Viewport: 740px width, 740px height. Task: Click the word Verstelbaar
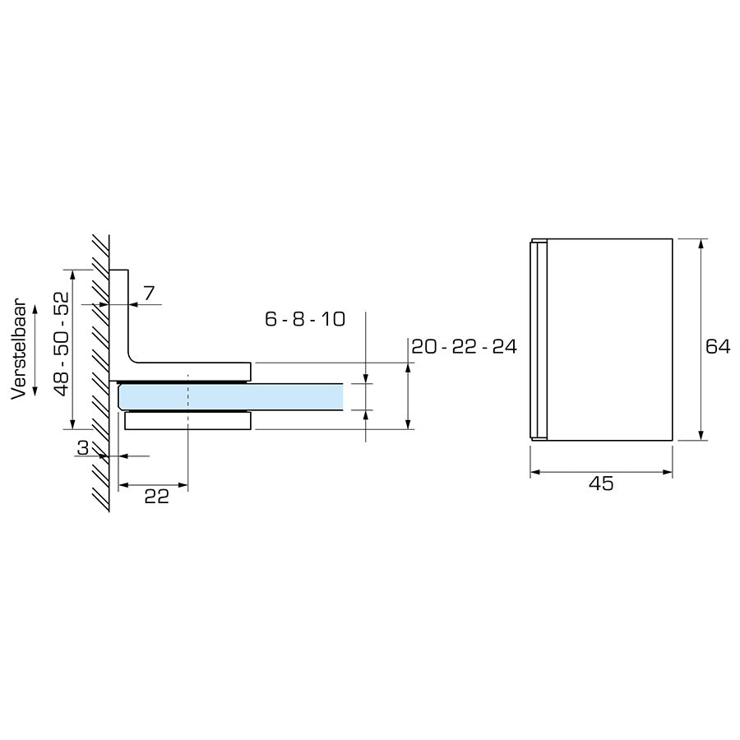pyautogui.click(x=20, y=350)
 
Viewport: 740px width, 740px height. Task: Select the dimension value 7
pyautogui.click(x=148, y=294)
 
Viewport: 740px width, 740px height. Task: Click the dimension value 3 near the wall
pyautogui.click(x=82, y=448)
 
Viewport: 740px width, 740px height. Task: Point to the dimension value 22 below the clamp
pyautogui.click(x=155, y=496)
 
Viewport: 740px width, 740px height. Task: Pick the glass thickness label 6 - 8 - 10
pyautogui.click(x=304, y=320)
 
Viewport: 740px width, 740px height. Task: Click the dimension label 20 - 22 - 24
pyautogui.click(x=464, y=347)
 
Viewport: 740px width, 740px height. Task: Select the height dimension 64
pyautogui.click(x=718, y=347)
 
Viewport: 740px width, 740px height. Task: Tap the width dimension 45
pyautogui.click(x=601, y=483)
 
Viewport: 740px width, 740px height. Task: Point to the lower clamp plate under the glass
pyautogui.click(x=187, y=421)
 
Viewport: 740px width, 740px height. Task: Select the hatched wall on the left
pyautogui.click(x=100, y=370)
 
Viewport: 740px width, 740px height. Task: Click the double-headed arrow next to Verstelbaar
pyautogui.click(x=35, y=350)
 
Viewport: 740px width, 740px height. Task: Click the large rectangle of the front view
pyautogui.click(x=608, y=340)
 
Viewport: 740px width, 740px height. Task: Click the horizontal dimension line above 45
pyautogui.click(x=601, y=472)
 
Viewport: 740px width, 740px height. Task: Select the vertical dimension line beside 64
pyautogui.click(x=701, y=340)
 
